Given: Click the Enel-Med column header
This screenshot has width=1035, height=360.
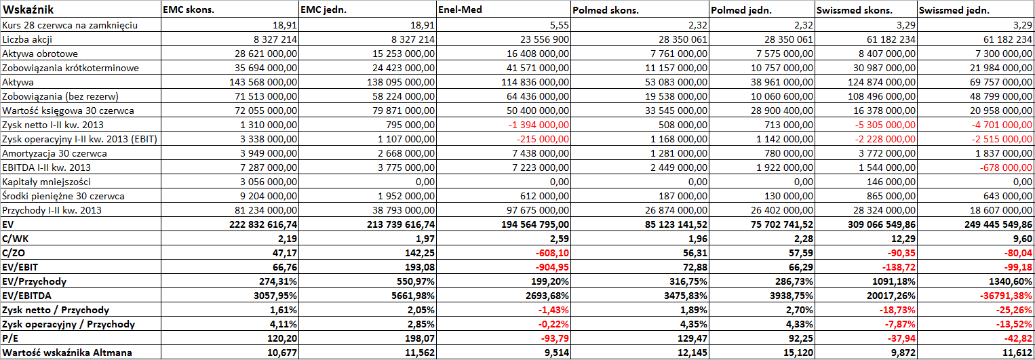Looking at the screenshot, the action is point(460,9).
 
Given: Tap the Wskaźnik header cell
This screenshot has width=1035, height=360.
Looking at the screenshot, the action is point(28,9).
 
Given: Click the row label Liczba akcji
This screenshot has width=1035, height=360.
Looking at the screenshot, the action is point(27,39).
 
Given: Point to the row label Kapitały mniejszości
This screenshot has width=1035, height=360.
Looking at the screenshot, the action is point(46,182).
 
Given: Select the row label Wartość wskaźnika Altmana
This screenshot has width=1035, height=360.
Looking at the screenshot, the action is point(67,353).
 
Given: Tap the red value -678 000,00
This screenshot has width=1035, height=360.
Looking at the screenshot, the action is point(1006,167).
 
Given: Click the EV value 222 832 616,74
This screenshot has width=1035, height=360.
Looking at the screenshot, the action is point(263,224).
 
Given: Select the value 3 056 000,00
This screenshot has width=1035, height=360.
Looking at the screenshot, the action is point(269,182).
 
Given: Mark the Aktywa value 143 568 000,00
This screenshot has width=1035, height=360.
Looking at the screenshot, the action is point(263,82).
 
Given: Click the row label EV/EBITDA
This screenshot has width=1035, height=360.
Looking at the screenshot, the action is point(26,296).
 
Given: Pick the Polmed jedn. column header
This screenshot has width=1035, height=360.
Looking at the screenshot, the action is point(741,10).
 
